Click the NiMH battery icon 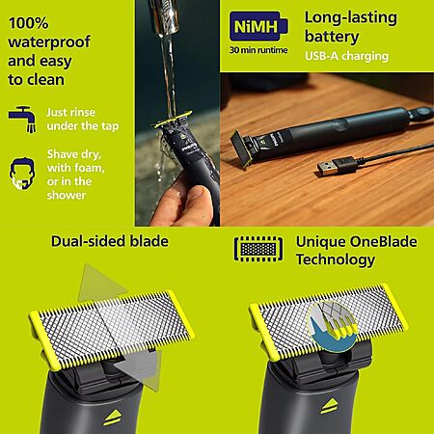(258, 26)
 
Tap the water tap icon (22, 119)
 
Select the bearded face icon (22, 174)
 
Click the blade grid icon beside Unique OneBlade (258, 249)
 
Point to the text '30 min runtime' (258, 50)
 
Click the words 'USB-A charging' (347, 56)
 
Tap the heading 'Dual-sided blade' (110, 241)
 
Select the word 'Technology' (336, 259)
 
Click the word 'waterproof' (49, 42)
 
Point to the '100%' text (28, 23)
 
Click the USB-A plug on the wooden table (337, 166)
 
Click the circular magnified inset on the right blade (332, 326)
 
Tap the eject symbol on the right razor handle (329, 407)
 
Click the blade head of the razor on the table (240, 149)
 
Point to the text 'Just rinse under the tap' (83, 120)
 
